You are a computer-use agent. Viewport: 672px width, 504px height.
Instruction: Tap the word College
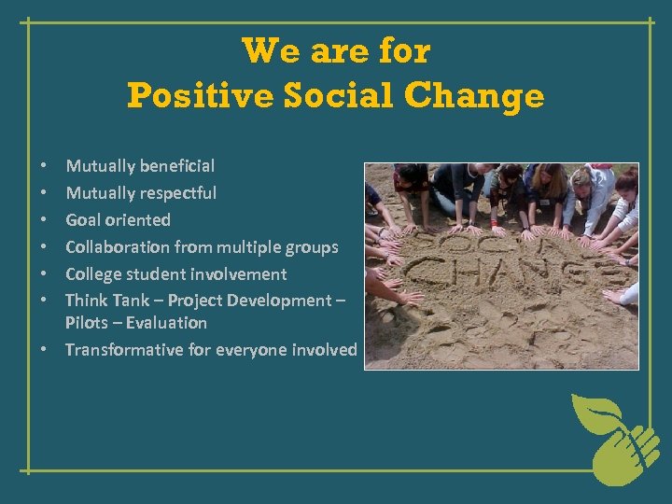(x=94, y=274)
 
